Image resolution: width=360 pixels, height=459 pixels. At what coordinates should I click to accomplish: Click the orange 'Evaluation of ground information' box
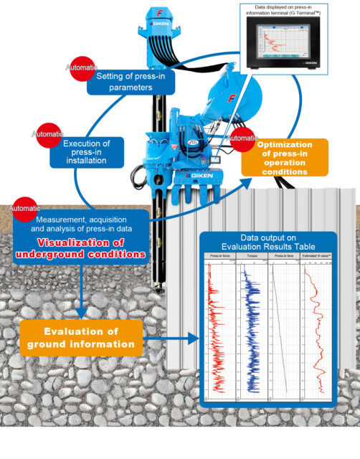pos(81,338)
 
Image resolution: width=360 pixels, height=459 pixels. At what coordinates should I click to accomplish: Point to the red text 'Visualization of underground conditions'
pos(80,247)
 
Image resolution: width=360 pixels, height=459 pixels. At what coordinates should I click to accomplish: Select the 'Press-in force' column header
pos(221,256)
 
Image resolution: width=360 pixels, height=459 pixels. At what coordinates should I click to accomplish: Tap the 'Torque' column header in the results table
pos(252,256)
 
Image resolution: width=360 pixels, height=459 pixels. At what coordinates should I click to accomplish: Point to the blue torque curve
pos(252,323)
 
